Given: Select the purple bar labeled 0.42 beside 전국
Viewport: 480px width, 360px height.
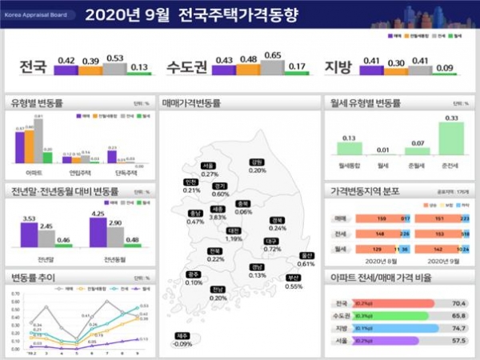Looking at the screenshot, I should tap(67, 70).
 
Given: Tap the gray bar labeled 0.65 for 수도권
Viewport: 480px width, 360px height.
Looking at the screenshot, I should tap(273, 67).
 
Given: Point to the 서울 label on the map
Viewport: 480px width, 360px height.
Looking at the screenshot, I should tap(210, 166).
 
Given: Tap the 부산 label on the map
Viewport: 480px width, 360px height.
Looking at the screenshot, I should tap(293, 278).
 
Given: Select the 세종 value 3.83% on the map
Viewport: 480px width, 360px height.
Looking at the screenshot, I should tap(218, 217).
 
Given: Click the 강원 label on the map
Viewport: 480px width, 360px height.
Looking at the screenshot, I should tap(258, 162).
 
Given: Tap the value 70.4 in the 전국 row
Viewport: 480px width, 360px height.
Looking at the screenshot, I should tap(458, 304).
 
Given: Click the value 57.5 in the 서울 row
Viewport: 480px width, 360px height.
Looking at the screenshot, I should tap(458, 341).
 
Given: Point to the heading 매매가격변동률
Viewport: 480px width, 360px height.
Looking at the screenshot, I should tap(190, 104).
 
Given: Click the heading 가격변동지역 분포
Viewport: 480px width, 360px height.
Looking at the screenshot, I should tap(364, 192).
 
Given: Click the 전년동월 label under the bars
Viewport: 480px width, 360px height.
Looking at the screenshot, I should tap(116, 260).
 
